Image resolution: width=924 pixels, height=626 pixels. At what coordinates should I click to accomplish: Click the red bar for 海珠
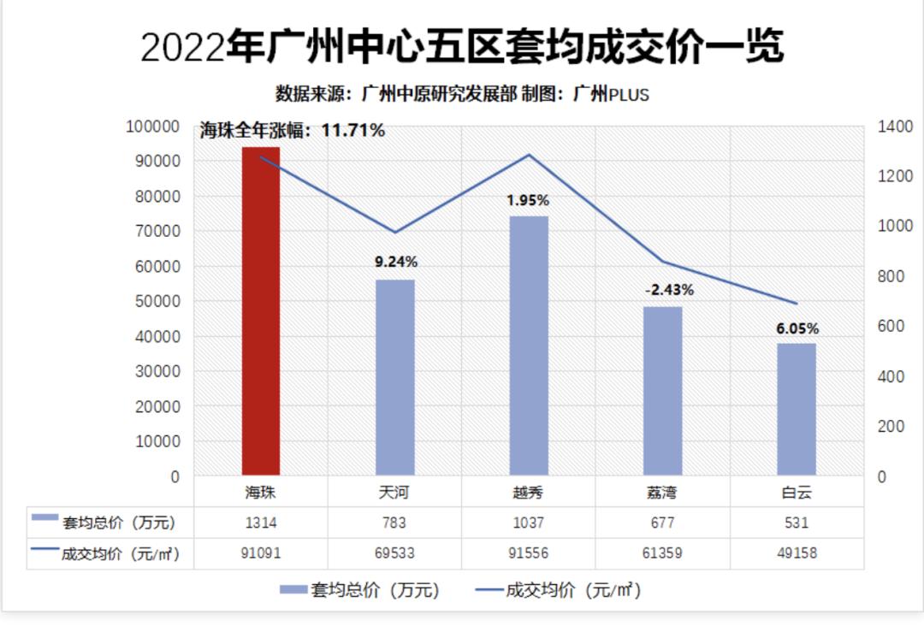[x=261, y=311]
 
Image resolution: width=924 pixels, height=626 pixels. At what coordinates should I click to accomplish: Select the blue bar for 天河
[x=395, y=377]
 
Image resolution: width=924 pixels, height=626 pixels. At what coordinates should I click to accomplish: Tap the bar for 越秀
[x=529, y=345]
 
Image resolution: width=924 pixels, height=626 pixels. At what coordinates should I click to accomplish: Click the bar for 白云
[x=797, y=410]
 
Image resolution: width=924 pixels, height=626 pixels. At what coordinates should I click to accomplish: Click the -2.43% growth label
[x=669, y=290]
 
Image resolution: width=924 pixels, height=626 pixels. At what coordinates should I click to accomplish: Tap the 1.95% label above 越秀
[x=528, y=200]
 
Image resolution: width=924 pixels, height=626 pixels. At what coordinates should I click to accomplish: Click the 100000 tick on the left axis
[x=153, y=127]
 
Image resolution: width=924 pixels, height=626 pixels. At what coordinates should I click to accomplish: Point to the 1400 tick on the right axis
[x=896, y=127]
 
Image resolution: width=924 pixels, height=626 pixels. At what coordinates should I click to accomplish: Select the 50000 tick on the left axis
[x=157, y=301]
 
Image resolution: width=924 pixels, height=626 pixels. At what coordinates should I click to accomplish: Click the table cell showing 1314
[x=261, y=523]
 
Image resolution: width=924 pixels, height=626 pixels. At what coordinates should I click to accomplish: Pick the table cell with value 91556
[x=529, y=553]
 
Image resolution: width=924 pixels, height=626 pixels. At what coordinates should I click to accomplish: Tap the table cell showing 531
[x=797, y=523]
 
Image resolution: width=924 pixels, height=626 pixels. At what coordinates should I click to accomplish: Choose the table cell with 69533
[x=395, y=553]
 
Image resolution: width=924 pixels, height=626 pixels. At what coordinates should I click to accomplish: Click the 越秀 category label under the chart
[x=529, y=493]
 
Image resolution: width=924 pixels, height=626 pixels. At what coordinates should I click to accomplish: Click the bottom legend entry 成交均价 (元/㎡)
[x=560, y=590]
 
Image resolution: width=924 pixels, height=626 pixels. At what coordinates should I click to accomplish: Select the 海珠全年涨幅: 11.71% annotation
[x=293, y=131]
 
